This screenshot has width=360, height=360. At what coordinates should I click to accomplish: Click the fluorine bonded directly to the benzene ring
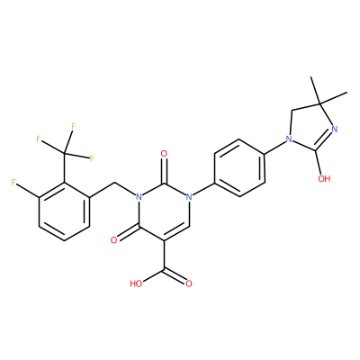13,182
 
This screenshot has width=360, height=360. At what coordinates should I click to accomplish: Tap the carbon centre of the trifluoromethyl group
64,154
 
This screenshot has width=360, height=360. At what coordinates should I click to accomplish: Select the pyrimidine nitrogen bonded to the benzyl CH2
139,197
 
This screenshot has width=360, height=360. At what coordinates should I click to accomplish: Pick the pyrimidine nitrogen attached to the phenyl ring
189,197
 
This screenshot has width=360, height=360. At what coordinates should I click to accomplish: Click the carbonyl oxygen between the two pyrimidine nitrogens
164,154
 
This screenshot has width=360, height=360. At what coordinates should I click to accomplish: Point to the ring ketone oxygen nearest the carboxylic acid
113,240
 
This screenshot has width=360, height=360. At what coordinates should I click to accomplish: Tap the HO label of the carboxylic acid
136,283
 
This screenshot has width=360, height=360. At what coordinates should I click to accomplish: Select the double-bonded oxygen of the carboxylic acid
189,283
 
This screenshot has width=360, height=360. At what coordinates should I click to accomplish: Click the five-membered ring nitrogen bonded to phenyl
289,139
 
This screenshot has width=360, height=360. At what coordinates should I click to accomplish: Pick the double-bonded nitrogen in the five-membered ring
335,130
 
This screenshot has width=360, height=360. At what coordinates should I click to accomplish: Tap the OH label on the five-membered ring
324,179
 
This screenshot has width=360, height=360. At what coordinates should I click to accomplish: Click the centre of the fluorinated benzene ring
64,211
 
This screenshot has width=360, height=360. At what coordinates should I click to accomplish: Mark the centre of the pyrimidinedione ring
164,211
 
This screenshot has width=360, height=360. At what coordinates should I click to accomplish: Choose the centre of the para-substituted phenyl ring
240,168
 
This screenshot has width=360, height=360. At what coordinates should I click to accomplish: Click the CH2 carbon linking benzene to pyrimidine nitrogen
114,183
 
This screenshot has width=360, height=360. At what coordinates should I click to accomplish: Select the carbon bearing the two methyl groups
320,103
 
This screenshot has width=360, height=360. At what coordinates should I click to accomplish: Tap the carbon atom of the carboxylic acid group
164,269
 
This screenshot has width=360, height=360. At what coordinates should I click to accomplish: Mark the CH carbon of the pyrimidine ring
189,226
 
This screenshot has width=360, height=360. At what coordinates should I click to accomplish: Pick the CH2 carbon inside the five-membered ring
292,110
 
